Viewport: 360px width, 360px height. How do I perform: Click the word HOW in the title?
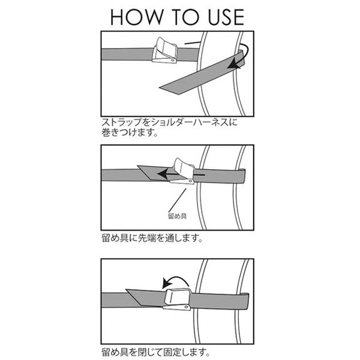[136, 17]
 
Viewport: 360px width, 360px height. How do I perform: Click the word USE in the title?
[226, 17]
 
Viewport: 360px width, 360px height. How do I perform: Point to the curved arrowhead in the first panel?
[233, 64]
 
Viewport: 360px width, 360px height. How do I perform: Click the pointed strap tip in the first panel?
[160, 88]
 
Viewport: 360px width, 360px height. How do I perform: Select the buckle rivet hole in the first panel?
[172, 60]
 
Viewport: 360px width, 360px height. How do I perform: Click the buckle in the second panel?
[182, 171]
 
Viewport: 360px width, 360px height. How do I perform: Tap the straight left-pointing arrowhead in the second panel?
[163, 173]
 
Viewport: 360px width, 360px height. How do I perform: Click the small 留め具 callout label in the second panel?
[177, 216]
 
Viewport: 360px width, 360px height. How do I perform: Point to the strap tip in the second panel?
[138, 166]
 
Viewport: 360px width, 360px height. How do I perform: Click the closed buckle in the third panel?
[177, 299]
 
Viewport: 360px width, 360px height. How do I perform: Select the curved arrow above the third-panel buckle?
[175, 280]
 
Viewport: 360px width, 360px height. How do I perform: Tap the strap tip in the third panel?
[127, 290]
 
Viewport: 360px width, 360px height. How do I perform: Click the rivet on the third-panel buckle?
[186, 307]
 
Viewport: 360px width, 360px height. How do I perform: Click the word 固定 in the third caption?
[172, 352]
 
